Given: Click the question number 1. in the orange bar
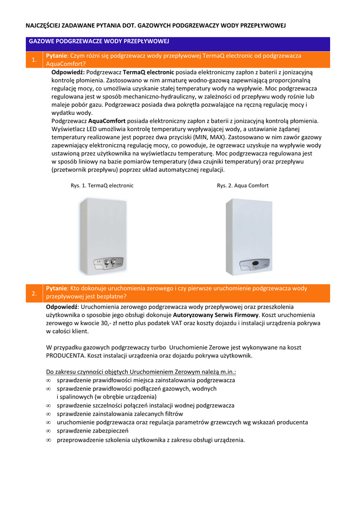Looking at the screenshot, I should [34, 60].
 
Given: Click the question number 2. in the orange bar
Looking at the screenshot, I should [34, 293].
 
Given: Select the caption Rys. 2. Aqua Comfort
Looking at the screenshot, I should [243, 185].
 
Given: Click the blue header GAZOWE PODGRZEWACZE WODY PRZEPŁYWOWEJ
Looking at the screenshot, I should [100, 41].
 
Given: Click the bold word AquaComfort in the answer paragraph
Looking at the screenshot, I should [107, 121].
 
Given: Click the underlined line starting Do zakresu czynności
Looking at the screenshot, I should [141, 372].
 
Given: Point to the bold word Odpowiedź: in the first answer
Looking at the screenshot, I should [68, 72].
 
